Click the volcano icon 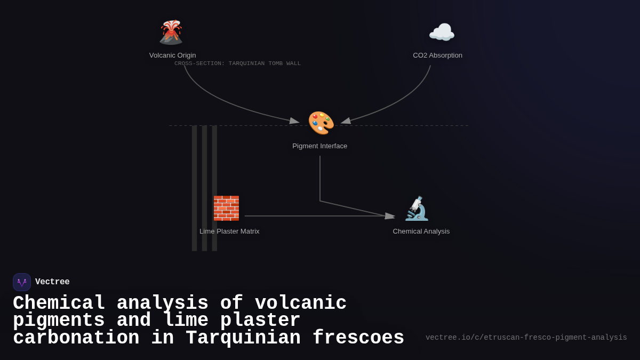pos(171,33)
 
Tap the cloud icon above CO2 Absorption pos(442,33)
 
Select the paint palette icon pos(321,123)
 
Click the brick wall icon pos(226,209)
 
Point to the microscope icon pos(417,209)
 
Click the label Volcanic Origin pos(172,55)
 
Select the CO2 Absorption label pos(437,55)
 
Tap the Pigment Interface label pos(319,146)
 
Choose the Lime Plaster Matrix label pos(229,231)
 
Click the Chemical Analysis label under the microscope pos(421,231)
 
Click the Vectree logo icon pos(22,282)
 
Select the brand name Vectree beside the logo pos(52,282)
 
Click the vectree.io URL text pos(526,338)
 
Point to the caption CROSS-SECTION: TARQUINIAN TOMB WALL pos(237,63)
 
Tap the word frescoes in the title pos(358,338)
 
